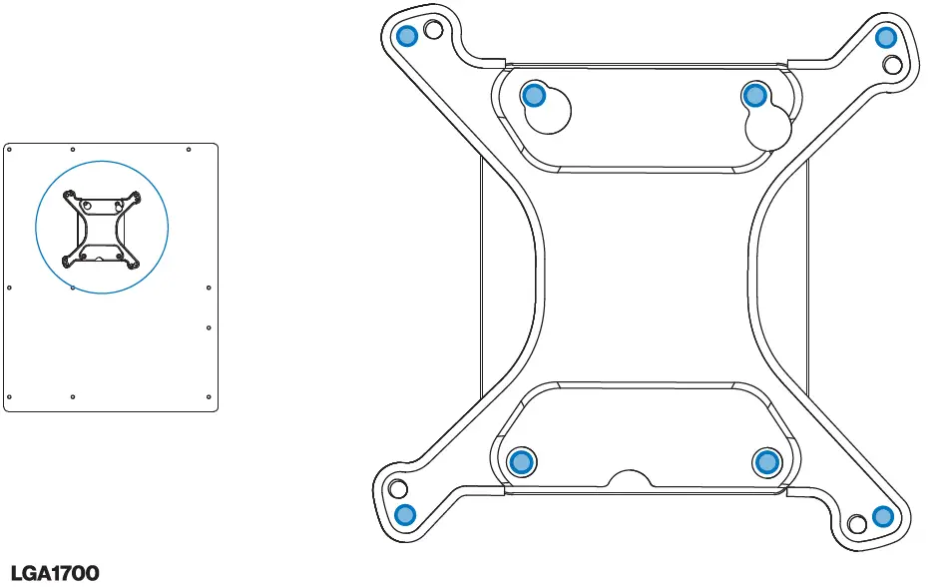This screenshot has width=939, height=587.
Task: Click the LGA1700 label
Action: (55, 573)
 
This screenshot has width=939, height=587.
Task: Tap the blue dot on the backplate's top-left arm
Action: (407, 37)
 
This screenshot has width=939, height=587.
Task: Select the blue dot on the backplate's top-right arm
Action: (885, 38)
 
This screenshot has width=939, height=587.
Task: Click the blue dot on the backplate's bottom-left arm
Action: (404, 515)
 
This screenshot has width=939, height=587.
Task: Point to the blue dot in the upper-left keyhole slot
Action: (534, 95)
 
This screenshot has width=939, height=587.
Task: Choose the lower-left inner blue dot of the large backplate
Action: (520, 461)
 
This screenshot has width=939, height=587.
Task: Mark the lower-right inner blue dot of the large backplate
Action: (766, 461)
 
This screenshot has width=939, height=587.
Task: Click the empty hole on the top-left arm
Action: (432, 30)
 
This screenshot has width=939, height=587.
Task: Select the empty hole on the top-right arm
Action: (893, 65)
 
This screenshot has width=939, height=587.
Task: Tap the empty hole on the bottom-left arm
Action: (397, 489)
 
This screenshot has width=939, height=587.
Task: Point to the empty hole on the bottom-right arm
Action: (856, 524)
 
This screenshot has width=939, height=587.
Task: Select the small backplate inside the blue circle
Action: (102, 229)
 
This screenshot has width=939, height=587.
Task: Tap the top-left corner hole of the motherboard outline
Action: (9, 149)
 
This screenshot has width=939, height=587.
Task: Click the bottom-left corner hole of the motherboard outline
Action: (9, 397)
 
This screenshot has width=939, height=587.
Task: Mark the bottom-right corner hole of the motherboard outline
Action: (208, 397)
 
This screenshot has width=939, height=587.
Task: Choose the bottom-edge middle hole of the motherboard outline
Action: (73, 397)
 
